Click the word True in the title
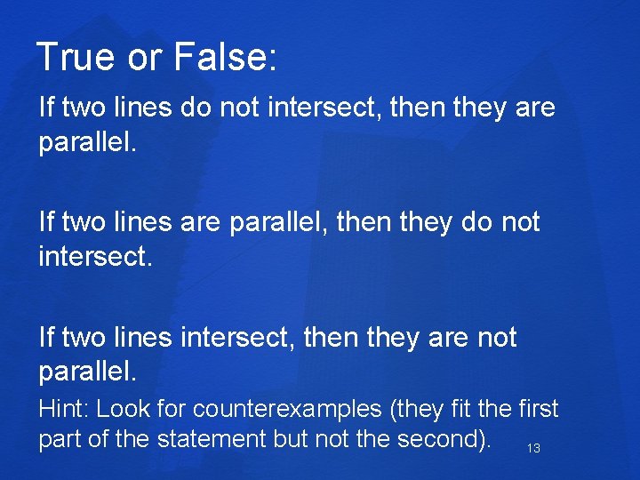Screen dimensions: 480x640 pos(76,58)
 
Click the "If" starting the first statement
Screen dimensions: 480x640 pos(46,108)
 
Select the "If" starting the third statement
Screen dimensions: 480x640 pos(46,338)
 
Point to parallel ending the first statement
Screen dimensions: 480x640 pos(87,142)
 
